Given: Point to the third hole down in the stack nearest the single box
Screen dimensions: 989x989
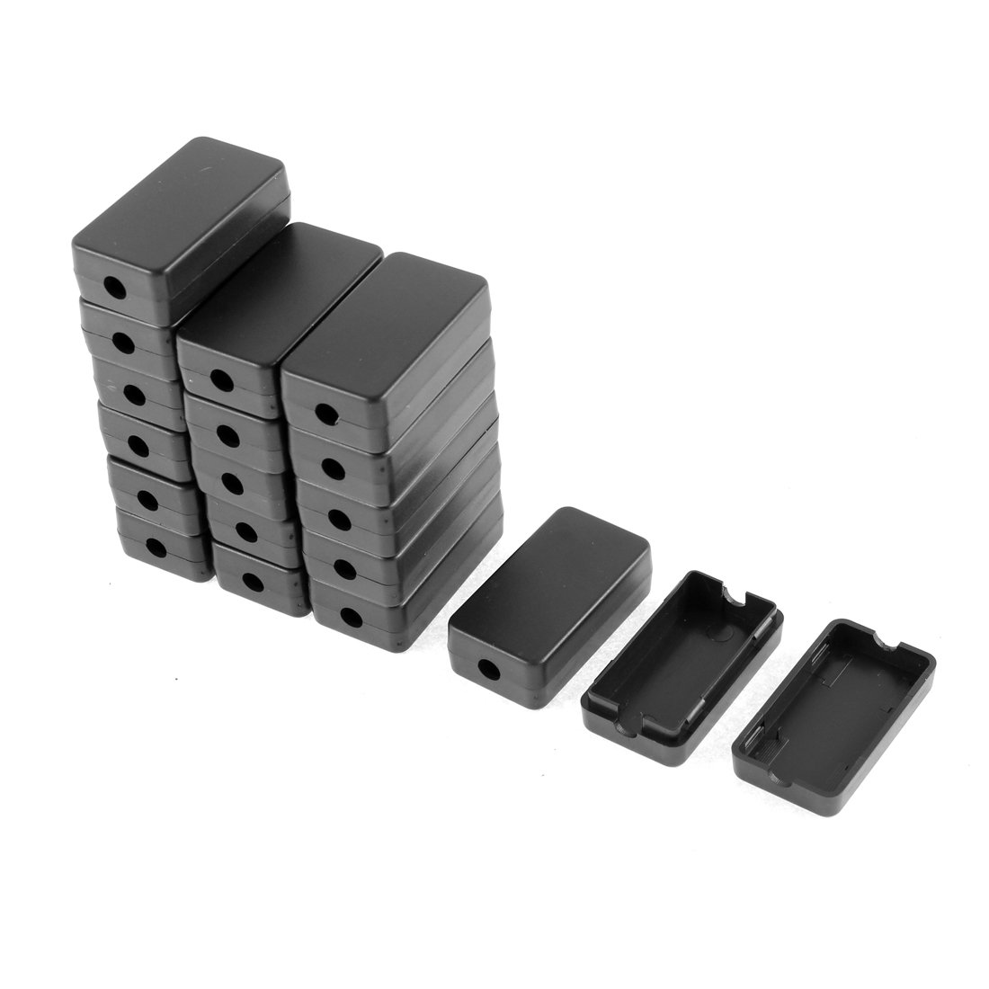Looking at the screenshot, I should (x=343, y=518).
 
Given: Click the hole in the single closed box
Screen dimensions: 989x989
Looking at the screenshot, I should (x=491, y=670).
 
